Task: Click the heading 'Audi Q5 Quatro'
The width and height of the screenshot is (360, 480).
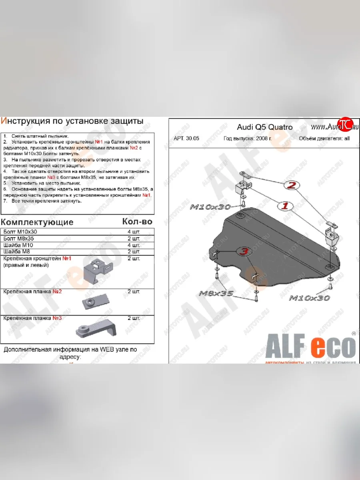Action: pos(264,127)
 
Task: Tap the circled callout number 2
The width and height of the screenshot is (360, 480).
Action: pos(292,185)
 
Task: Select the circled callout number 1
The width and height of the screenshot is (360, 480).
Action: pos(286,206)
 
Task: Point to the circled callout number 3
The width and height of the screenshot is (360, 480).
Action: pos(244,251)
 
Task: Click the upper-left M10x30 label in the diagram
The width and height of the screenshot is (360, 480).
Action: pos(210,207)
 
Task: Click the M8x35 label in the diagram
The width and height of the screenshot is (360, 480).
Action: pos(216,294)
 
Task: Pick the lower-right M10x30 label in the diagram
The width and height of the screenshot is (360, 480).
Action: pos(309,298)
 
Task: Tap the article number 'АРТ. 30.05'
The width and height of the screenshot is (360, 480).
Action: pos(186,139)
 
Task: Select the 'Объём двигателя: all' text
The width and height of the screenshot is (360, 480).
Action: pos(324,139)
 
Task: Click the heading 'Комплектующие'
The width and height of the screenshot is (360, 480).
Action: pos(37,222)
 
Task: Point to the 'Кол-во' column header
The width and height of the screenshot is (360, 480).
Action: pos(137,221)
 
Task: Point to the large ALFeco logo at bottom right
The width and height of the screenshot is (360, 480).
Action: pos(310,346)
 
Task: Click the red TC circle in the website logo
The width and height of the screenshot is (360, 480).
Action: pos(345,125)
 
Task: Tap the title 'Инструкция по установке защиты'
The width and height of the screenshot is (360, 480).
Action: pos(72,121)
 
